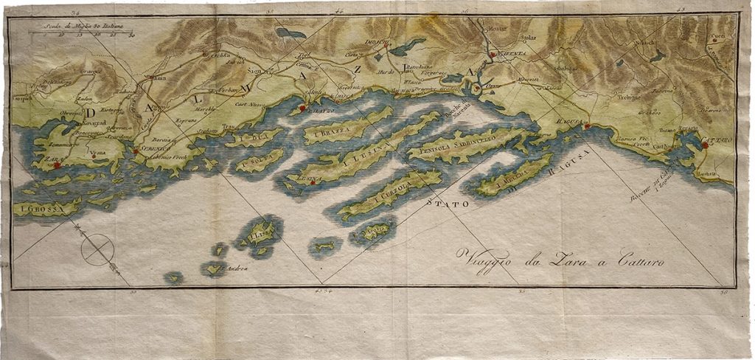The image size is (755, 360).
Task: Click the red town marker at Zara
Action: point(56,165)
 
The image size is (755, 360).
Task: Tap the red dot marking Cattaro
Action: point(705,145)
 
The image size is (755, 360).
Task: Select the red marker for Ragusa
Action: point(587,127)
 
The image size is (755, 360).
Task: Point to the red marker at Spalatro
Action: point(302,111)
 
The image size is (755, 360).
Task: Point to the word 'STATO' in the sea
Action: point(445,201)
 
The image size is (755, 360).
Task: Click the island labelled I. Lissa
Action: point(260,235)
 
